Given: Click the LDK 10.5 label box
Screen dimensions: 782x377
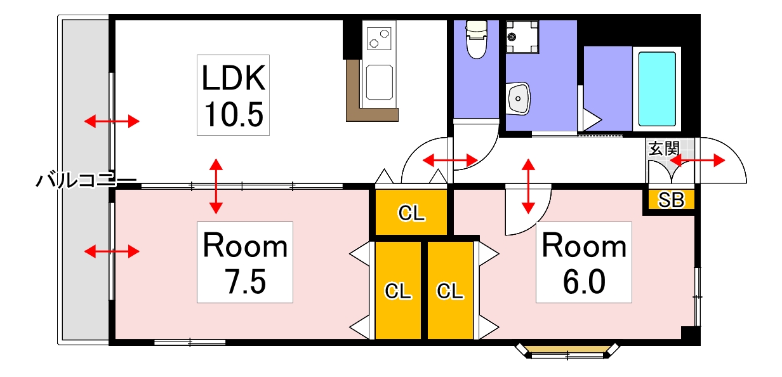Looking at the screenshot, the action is click(x=233, y=95).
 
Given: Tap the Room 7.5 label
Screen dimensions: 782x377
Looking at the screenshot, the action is click(x=245, y=262).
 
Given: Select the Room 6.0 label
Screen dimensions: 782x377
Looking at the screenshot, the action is click(x=584, y=262).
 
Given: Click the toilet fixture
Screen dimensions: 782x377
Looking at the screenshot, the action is click(x=477, y=39).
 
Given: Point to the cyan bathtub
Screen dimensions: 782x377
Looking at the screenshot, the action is click(x=657, y=89).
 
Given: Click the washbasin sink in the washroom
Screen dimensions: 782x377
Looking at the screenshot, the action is click(x=519, y=98).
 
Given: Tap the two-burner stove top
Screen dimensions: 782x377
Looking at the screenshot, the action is click(x=379, y=38).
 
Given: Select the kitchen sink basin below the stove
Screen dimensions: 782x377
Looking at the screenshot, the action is click(x=380, y=82).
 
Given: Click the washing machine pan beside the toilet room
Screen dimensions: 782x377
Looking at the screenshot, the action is click(x=522, y=37).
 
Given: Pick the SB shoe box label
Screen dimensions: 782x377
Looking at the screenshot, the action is click(x=671, y=200).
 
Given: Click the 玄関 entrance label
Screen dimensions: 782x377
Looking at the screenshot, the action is click(x=664, y=149).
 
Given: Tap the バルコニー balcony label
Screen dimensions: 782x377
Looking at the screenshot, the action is click(x=86, y=180).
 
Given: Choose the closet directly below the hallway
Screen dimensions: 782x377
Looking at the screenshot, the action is click(x=411, y=212).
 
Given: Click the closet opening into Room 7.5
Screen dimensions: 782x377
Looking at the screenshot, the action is click(x=398, y=290).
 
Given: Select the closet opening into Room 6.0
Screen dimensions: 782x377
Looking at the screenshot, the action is click(x=451, y=290).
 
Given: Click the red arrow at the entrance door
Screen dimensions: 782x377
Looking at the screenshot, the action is click(x=698, y=161).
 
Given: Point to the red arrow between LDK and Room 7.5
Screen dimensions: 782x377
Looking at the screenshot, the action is click(x=216, y=186).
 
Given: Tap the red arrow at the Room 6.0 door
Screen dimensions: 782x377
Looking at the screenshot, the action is click(x=529, y=186).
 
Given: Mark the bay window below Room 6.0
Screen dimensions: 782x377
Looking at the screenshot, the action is click(x=567, y=351).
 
